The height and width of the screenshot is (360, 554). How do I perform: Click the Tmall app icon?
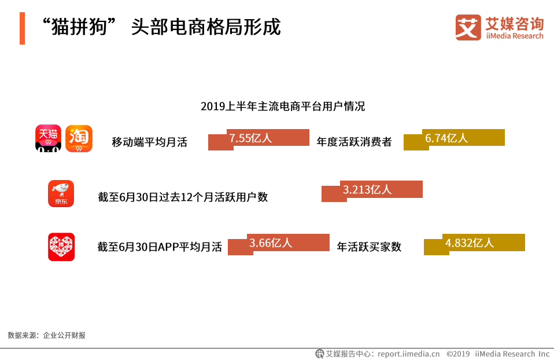pos(49,138)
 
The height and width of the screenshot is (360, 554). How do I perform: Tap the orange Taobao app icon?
pos(79,138)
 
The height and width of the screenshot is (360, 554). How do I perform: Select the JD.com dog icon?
pos(61,193)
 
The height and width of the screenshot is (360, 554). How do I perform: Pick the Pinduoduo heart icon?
pos(61,247)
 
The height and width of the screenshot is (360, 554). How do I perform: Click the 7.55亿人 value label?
pos(250,138)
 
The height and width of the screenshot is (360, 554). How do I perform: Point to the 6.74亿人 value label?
pos(446,138)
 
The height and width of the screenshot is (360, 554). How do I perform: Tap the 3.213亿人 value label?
pos(367,189)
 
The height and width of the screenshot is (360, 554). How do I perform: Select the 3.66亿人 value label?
pos(271,243)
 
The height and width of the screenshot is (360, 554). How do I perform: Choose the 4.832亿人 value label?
pos(469,243)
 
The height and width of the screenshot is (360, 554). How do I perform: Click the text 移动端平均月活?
pos(149,142)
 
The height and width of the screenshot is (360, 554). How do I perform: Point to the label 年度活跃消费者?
pos(354,142)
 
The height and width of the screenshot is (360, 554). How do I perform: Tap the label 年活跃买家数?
pos(369,247)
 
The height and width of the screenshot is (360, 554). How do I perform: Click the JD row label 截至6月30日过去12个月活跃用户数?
pos(183,197)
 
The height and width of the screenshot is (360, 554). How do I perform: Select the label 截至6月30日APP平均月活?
pos(160,247)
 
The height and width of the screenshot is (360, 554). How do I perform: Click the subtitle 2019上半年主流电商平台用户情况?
pos(283,106)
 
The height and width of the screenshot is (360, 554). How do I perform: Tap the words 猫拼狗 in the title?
pos(79,27)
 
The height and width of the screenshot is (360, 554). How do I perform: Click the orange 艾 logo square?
pos(468,27)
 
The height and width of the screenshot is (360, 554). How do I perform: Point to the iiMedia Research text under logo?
pos(515,36)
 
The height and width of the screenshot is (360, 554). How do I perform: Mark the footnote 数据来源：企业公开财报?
pos(47,335)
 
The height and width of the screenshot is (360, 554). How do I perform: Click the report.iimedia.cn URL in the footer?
pos(408,354)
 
